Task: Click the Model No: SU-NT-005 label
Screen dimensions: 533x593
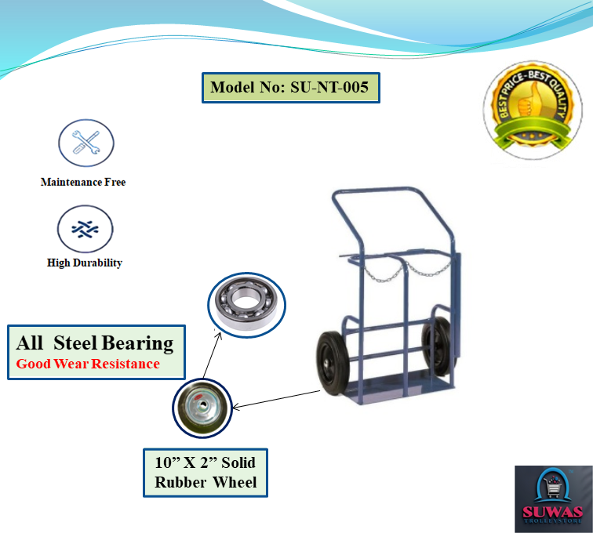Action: pos(289,87)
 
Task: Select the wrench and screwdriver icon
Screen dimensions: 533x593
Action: pos(85,143)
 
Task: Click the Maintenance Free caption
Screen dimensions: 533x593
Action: pos(83,182)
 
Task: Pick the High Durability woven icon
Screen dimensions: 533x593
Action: pos(85,229)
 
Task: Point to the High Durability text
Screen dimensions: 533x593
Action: pos(85,263)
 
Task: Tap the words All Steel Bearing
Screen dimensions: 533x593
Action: pos(95,343)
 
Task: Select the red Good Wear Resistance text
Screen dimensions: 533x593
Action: pos(88,364)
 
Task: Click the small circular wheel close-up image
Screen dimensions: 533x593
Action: pos(201,408)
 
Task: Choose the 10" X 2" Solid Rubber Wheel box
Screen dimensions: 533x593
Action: pos(206,471)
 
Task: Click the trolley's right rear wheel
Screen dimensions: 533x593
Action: pos(435,345)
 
